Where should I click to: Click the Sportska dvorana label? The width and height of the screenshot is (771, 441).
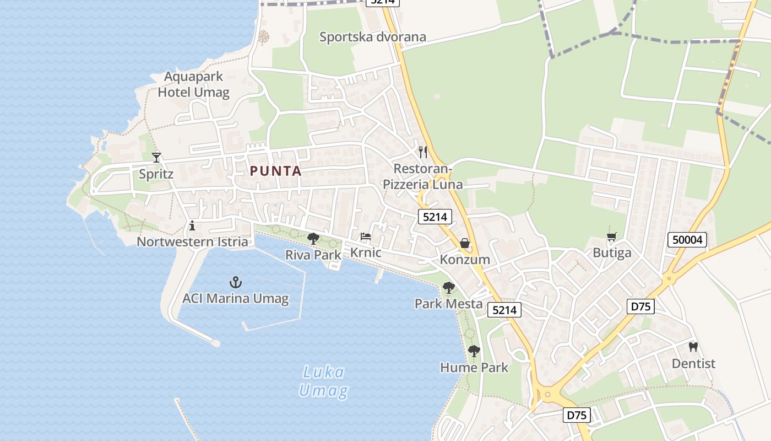click(x=373, y=37)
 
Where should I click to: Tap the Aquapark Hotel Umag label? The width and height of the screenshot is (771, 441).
click(x=193, y=84)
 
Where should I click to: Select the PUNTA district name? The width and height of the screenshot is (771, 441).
click(x=276, y=171)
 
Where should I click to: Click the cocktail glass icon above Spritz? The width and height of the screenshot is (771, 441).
click(x=156, y=158)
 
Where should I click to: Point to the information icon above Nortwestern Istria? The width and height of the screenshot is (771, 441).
click(x=192, y=225)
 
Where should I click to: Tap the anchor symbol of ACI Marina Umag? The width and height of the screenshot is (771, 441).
click(x=236, y=283)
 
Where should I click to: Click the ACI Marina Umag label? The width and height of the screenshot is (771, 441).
click(x=236, y=299)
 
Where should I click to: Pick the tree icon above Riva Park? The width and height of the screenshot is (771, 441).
click(x=313, y=239)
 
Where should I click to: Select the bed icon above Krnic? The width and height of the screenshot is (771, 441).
click(x=366, y=237)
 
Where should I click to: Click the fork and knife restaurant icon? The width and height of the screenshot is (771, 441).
click(x=423, y=152)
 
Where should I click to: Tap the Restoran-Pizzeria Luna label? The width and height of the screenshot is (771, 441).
click(x=423, y=176)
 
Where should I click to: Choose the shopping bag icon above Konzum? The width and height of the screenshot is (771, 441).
click(x=465, y=243)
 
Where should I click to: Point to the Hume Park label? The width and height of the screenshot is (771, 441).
click(x=474, y=367)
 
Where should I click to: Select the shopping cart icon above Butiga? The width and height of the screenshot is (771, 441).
click(x=611, y=237)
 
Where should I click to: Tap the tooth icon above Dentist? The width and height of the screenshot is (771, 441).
click(x=693, y=347)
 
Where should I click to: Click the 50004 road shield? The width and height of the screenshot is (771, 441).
click(x=687, y=240)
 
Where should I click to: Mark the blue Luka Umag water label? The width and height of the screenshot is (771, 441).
click(x=324, y=381)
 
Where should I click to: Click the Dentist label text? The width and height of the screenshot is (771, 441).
click(x=693, y=364)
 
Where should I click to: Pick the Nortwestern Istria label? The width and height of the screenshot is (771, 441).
click(x=192, y=241)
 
